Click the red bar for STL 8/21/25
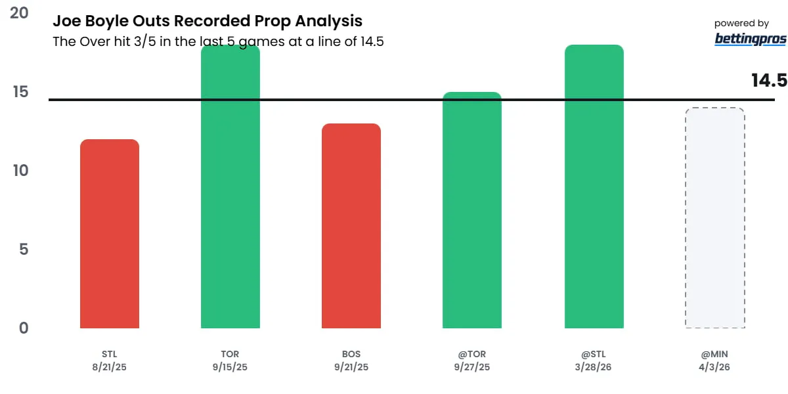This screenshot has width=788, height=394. [x=110, y=234]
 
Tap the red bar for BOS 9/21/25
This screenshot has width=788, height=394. [x=351, y=226]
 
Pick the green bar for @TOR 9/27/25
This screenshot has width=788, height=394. [x=472, y=210]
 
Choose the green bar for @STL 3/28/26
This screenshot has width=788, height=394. [x=594, y=186]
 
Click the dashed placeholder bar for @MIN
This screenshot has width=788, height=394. [x=714, y=218]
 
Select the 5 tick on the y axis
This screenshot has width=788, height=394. [x=24, y=250]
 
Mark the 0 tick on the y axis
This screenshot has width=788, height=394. [x=24, y=328]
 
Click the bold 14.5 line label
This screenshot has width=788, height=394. [x=769, y=80]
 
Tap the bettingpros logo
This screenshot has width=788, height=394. [x=750, y=39]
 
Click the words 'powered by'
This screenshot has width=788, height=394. [x=741, y=24]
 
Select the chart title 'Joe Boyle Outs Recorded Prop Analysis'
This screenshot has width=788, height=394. [x=208, y=22]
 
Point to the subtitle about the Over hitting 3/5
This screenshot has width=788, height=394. [x=218, y=41]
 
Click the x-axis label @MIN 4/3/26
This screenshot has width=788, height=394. [x=714, y=361]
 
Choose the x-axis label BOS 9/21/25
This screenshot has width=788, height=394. [x=351, y=361]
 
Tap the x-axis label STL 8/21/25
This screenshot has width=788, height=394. [x=110, y=361]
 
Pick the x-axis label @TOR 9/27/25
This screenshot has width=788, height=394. [x=472, y=361]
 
